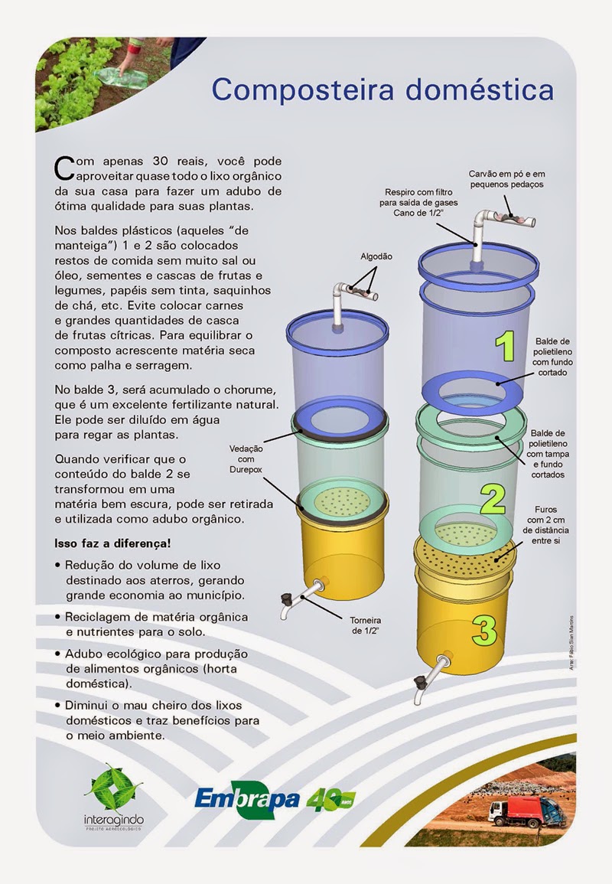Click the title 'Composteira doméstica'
[382, 90]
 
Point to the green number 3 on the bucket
[485, 631]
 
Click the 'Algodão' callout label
[376, 256]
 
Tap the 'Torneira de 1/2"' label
[365, 625]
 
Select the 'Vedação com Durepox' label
[246, 459]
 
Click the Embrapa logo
[247, 800]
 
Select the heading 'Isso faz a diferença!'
[112, 543]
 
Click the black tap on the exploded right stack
[420, 683]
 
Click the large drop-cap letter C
[63, 166]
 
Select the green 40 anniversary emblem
[330, 800]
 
